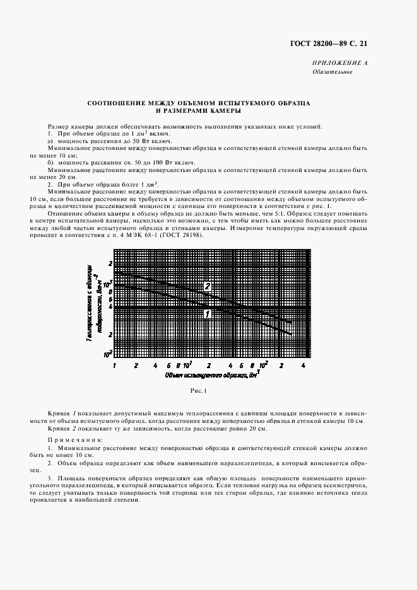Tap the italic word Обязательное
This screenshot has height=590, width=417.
(x=332, y=72)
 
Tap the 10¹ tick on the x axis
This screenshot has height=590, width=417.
(x=187, y=364)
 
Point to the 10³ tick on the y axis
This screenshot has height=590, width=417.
(x=108, y=284)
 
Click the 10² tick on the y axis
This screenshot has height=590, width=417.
(x=108, y=354)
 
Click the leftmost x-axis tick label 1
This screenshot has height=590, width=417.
(x=114, y=365)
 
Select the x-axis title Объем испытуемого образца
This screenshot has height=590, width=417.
(x=202, y=375)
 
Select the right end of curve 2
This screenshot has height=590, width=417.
(x=291, y=322)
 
